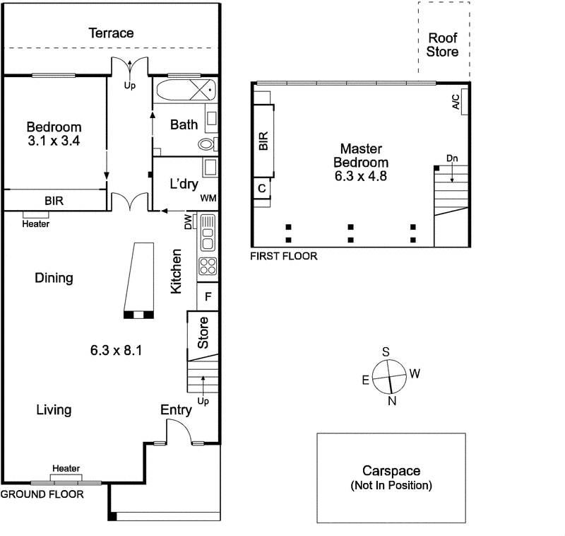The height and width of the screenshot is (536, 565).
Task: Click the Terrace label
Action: tap(111, 33)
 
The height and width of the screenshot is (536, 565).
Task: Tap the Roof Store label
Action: tap(443, 45)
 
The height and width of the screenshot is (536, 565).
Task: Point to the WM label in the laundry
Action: tap(208, 199)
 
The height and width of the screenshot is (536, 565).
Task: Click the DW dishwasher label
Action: tap(188, 223)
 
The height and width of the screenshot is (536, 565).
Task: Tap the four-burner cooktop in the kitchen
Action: tap(208, 267)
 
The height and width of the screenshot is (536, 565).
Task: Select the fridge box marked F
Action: tap(208, 296)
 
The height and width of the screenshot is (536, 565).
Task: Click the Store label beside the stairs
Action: tap(203, 333)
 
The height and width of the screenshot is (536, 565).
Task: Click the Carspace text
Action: tap(391, 470)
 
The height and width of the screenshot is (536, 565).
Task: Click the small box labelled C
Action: tap(261, 189)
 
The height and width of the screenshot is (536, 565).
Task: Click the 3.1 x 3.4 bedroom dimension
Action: tap(54, 141)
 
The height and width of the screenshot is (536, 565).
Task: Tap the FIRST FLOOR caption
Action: tap(284, 256)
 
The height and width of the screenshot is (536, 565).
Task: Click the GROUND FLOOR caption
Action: tap(42, 494)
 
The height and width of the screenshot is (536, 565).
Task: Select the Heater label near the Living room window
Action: tap(65, 468)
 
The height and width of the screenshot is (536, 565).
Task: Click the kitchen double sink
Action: tap(208, 234)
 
